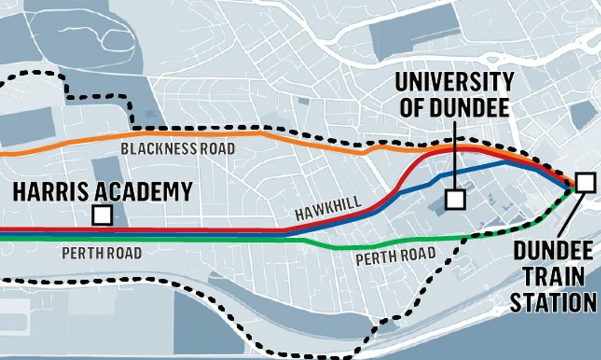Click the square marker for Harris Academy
tap(102, 216)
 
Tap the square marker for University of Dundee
tap(455, 199)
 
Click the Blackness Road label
tap(178, 149)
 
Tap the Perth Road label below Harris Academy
tap(102, 253)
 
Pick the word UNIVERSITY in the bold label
tap(454, 82)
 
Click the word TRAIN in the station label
tap(553, 277)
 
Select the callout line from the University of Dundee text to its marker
tap(455, 155)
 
